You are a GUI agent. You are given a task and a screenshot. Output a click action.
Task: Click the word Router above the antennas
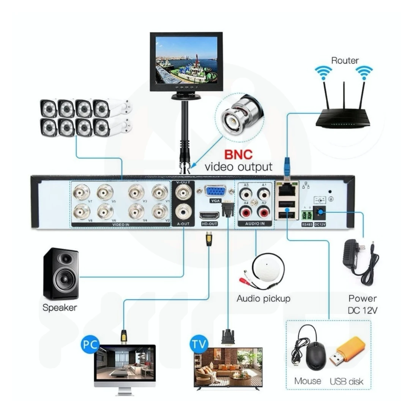click(x=345, y=60)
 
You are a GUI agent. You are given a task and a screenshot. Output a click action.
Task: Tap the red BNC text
click(x=239, y=155)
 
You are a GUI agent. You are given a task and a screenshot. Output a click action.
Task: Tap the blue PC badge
click(x=90, y=345)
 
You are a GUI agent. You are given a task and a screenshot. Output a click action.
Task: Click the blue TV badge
click(x=199, y=344)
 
